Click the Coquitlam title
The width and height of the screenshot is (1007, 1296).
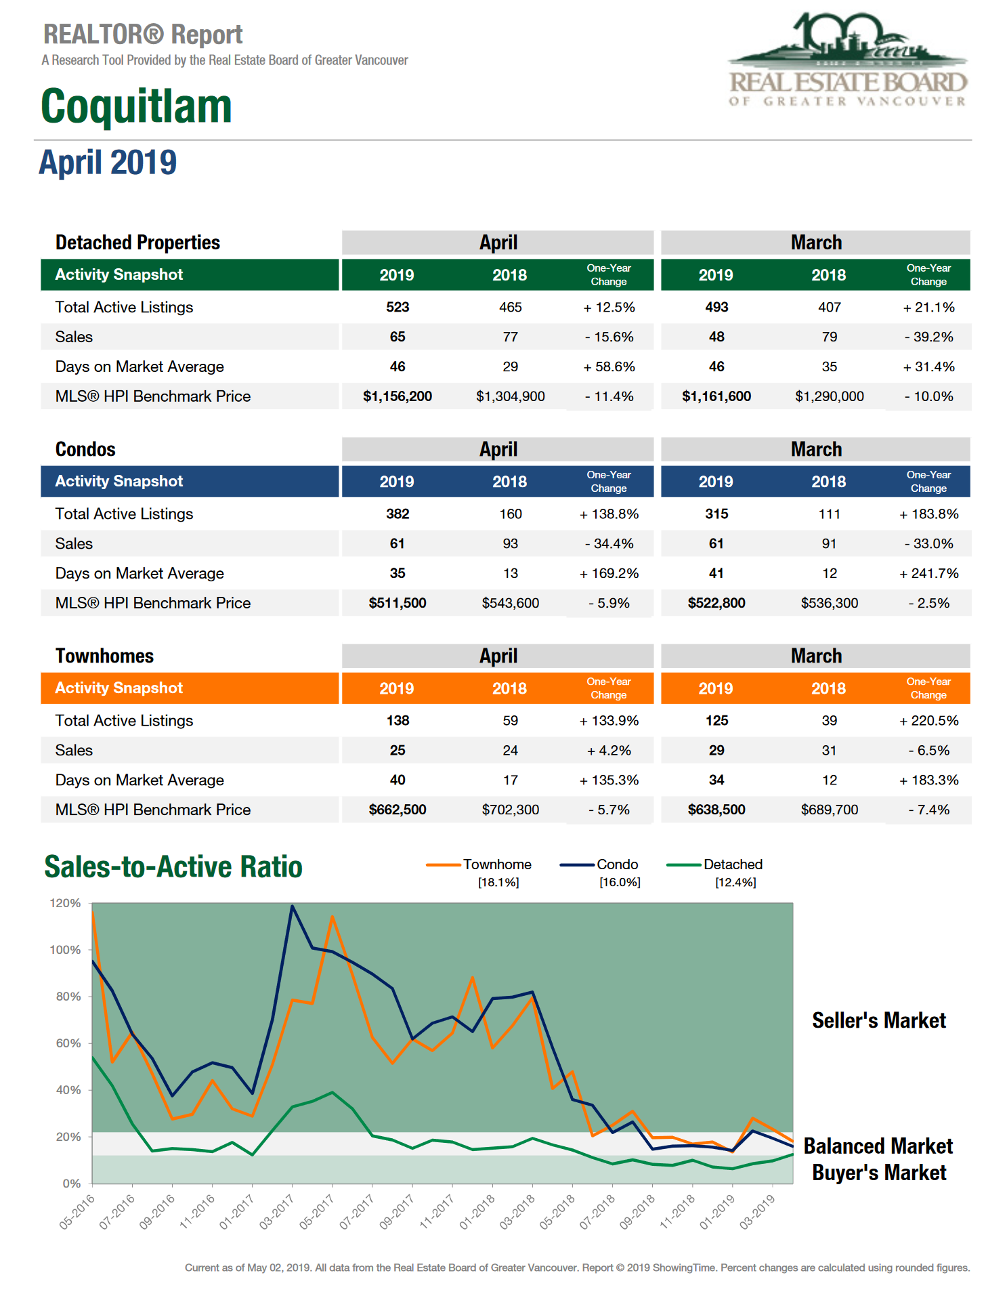(136, 107)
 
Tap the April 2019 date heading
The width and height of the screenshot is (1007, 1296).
(108, 163)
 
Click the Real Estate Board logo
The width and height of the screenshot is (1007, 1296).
(847, 61)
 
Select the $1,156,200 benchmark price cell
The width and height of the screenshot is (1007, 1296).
(397, 396)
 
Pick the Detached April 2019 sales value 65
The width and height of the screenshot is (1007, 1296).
(397, 337)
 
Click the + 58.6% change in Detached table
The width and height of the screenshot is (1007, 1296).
(609, 367)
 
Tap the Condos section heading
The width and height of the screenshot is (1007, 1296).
(85, 449)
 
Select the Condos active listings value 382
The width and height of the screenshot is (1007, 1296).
(397, 514)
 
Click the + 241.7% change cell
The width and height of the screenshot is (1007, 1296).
(928, 573)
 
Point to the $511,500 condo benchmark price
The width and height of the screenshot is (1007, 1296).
(397, 603)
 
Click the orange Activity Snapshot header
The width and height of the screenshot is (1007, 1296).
(119, 688)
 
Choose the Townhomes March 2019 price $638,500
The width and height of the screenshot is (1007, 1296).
(716, 810)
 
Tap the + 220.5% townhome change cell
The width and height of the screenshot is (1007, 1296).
(928, 721)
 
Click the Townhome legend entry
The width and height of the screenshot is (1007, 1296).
(496, 864)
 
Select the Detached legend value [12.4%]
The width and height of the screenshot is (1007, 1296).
(735, 882)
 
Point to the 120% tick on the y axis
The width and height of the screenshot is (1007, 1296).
(65, 903)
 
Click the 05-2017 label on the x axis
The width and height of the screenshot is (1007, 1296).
(316, 1212)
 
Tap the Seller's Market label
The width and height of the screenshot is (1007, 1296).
(878, 1020)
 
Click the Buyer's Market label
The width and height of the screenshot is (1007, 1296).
(878, 1173)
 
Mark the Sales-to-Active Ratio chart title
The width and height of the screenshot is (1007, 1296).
(173, 867)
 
